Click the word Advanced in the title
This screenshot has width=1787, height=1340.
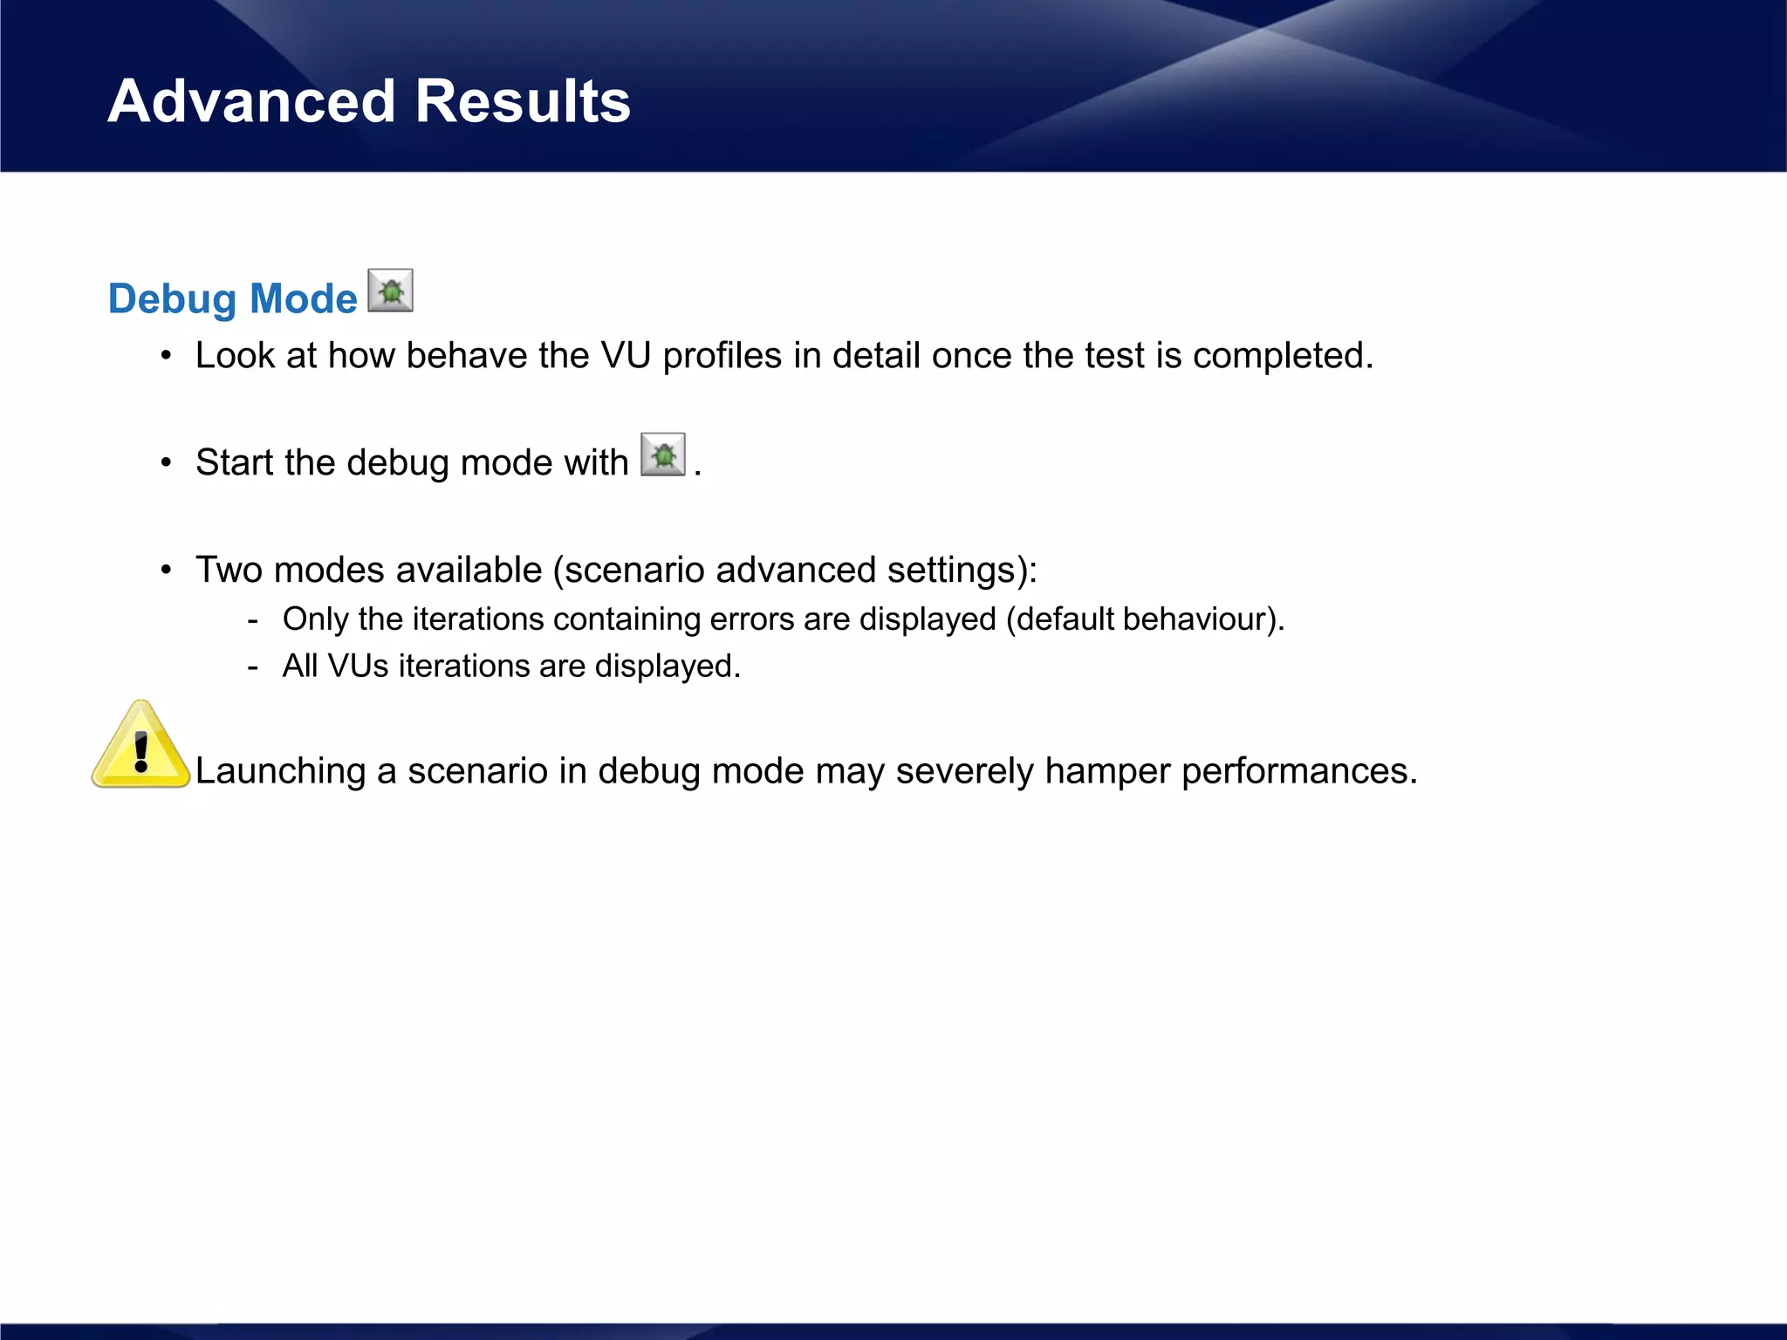coord(251,101)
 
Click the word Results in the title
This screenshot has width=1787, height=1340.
coord(522,101)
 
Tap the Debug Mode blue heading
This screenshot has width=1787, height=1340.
coord(232,298)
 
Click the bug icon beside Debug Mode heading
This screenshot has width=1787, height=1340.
coord(390,291)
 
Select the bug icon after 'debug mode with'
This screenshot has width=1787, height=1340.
coord(662,455)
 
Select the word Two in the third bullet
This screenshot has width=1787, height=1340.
coord(229,570)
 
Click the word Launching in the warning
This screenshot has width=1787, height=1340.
coord(280,771)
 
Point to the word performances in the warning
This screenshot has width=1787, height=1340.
coord(1297,771)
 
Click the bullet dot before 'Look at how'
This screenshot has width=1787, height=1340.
coord(166,356)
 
